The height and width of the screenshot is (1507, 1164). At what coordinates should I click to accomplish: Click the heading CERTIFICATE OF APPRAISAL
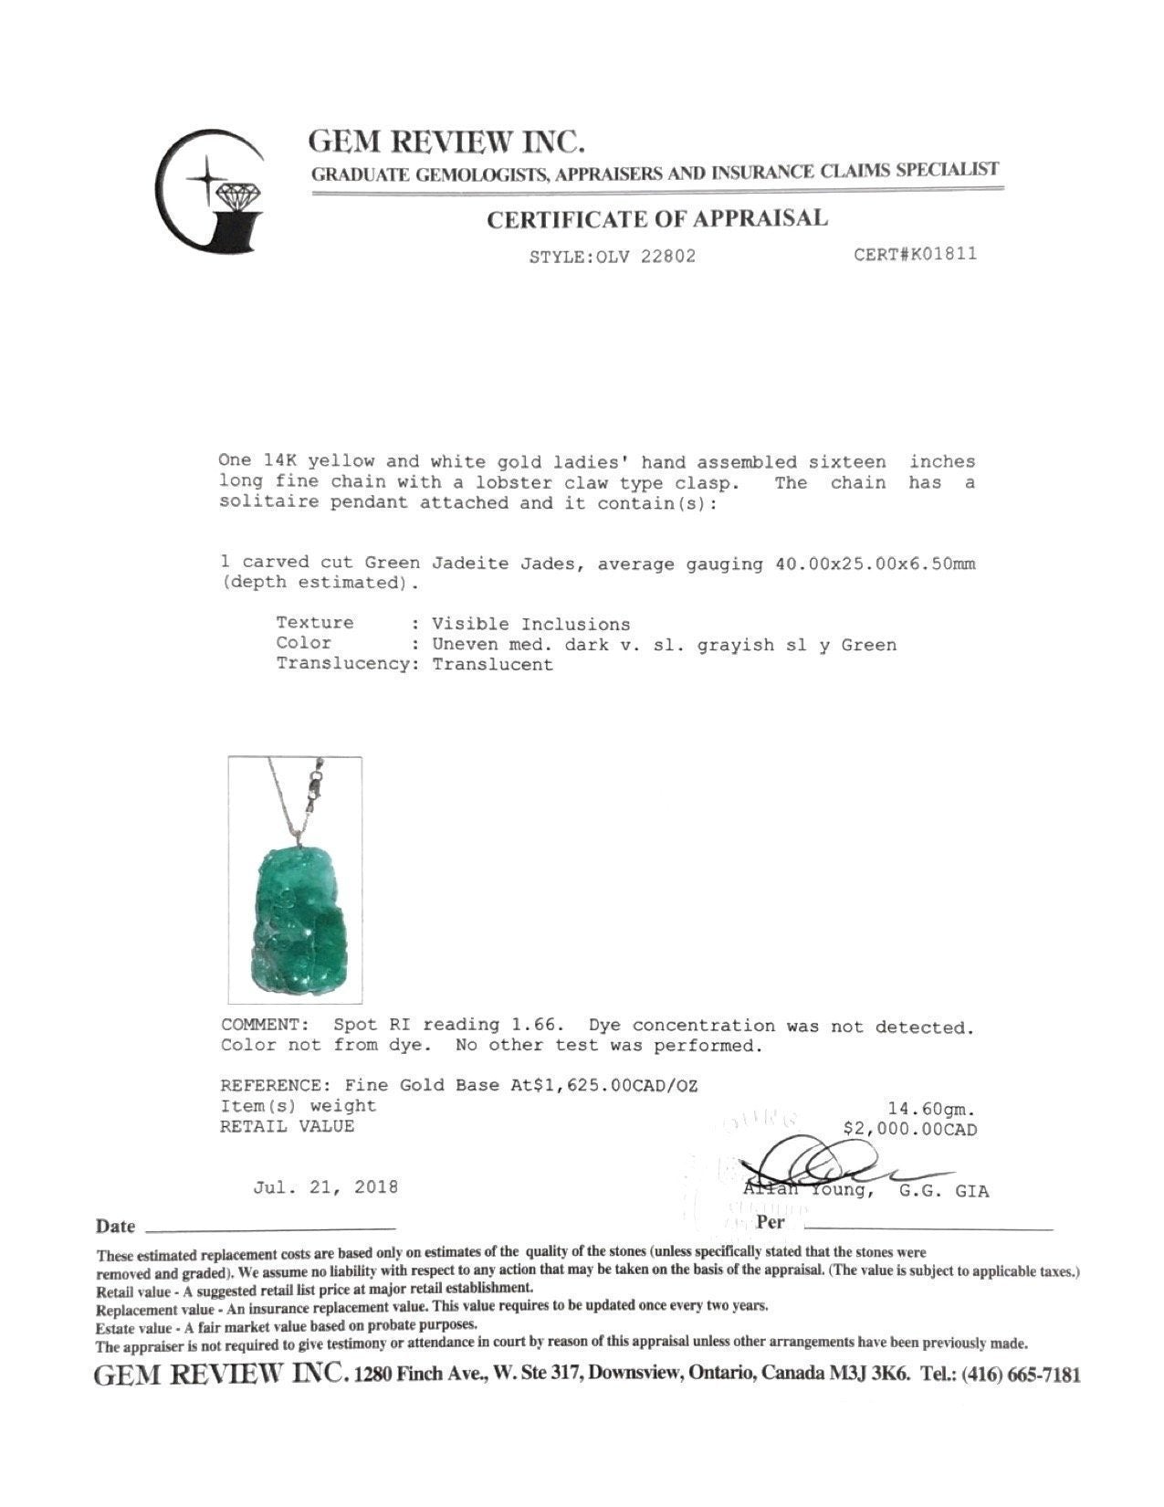[x=656, y=219]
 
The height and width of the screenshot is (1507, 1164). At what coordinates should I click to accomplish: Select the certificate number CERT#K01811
[x=915, y=254]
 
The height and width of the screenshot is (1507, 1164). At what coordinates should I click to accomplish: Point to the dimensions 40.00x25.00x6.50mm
[x=875, y=564]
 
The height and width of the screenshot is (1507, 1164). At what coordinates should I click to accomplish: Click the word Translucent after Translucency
[x=492, y=665]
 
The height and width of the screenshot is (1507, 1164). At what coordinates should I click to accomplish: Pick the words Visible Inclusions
[x=530, y=625]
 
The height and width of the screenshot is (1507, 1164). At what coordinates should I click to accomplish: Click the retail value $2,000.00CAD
[x=910, y=1130]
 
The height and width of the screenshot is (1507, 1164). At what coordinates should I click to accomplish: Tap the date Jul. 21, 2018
[x=325, y=1187]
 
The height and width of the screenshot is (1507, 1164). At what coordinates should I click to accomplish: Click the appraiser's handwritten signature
[x=822, y=1165]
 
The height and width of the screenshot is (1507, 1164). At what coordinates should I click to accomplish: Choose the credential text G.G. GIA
[x=943, y=1191]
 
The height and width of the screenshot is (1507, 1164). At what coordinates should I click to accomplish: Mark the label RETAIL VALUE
[x=287, y=1127]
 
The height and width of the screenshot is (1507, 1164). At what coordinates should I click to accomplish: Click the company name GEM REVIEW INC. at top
[x=446, y=142]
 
